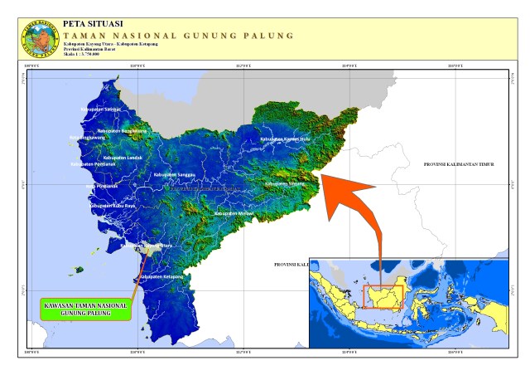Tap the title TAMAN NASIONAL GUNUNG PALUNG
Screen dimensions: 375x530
[178, 36]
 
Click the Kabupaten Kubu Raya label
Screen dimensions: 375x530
[111, 204]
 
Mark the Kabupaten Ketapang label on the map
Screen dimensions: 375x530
[161, 275]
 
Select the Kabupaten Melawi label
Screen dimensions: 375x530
[234, 213]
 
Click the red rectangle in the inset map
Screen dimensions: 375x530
[383, 297]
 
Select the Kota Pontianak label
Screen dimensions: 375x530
[102, 186]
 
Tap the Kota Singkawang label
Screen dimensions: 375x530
[88, 138]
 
